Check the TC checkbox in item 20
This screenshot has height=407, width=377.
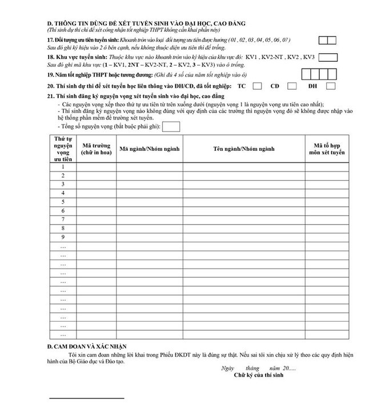[257, 86]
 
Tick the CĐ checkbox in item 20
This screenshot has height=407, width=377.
[292, 86]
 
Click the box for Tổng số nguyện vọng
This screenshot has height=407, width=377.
[171, 126]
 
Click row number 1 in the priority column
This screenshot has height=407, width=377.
[63, 166]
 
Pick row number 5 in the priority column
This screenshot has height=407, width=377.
[63, 202]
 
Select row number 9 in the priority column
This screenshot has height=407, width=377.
[63, 237]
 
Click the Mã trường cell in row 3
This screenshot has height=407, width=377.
[95, 184]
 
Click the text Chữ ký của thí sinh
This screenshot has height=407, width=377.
[258, 376]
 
